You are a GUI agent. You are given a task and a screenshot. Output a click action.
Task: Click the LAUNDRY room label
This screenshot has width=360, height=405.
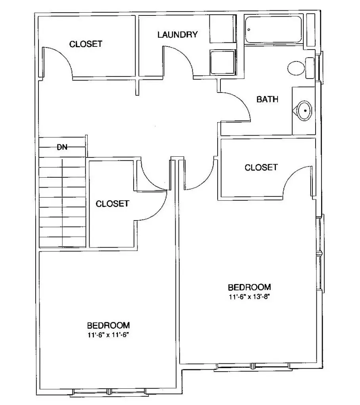177,35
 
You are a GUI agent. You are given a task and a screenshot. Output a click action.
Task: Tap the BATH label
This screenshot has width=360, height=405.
267,99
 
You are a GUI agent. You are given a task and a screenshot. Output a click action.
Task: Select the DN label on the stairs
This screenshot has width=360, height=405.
62,148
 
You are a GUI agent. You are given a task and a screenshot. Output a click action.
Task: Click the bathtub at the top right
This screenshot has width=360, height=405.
274,29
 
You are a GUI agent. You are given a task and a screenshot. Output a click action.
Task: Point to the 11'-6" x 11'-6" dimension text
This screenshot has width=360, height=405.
110,334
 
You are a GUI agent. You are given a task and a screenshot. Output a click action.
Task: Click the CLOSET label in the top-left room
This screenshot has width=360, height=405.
86,44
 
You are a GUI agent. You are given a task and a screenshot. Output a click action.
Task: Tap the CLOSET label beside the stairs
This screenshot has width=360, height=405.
112,203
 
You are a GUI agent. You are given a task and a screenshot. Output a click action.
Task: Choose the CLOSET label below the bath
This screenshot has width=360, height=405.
261,167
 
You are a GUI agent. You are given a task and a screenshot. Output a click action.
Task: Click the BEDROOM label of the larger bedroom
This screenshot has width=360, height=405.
249,287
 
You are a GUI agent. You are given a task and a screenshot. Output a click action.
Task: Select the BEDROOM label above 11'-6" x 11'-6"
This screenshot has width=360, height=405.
109,324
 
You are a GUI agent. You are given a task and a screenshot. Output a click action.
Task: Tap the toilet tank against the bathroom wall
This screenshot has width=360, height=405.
310,68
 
